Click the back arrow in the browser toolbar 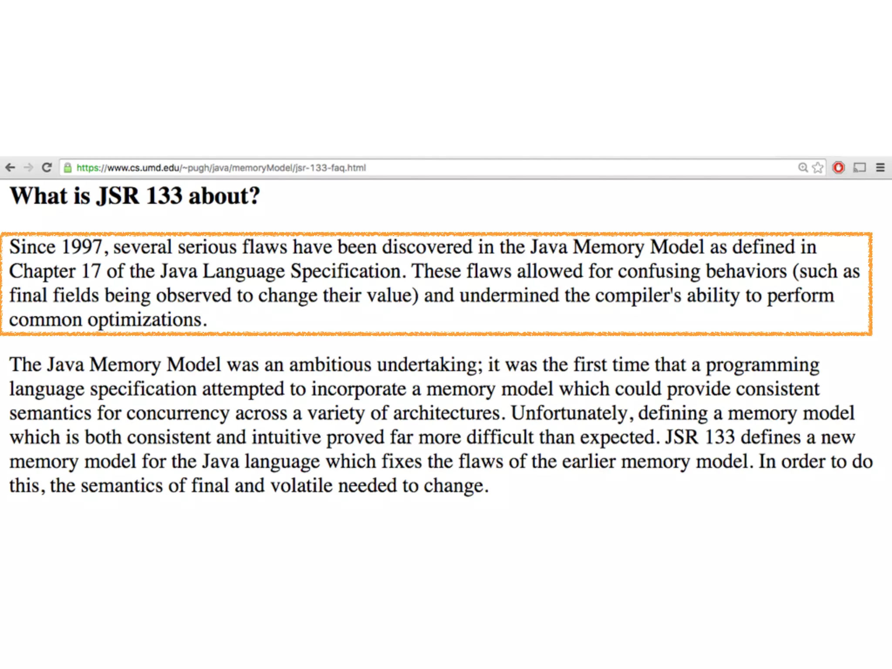click(10, 167)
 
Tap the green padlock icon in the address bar click(68, 168)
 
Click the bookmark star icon click(818, 168)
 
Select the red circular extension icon click(838, 168)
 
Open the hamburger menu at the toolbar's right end click(880, 168)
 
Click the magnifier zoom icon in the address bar click(803, 168)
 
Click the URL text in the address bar click(221, 168)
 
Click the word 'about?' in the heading click(224, 196)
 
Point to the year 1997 click(82, 247)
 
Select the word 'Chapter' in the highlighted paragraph click(42, 271)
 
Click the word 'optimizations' click(145, 320)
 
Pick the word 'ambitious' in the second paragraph click(330, 365)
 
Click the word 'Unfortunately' click(569, 413)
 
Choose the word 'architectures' click(446, 413)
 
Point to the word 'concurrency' click(178, 413)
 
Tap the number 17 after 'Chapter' click(91, 271)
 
